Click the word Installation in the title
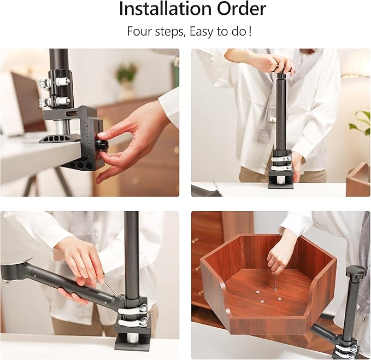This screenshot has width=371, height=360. [x=165, y=9]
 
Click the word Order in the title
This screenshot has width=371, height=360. [x=242, y=9]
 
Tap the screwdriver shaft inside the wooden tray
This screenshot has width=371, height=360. [x=275, y=282]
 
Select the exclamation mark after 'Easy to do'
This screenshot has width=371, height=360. [x=250, y=31]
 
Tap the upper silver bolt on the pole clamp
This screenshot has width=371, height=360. [x=63, y=82]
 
